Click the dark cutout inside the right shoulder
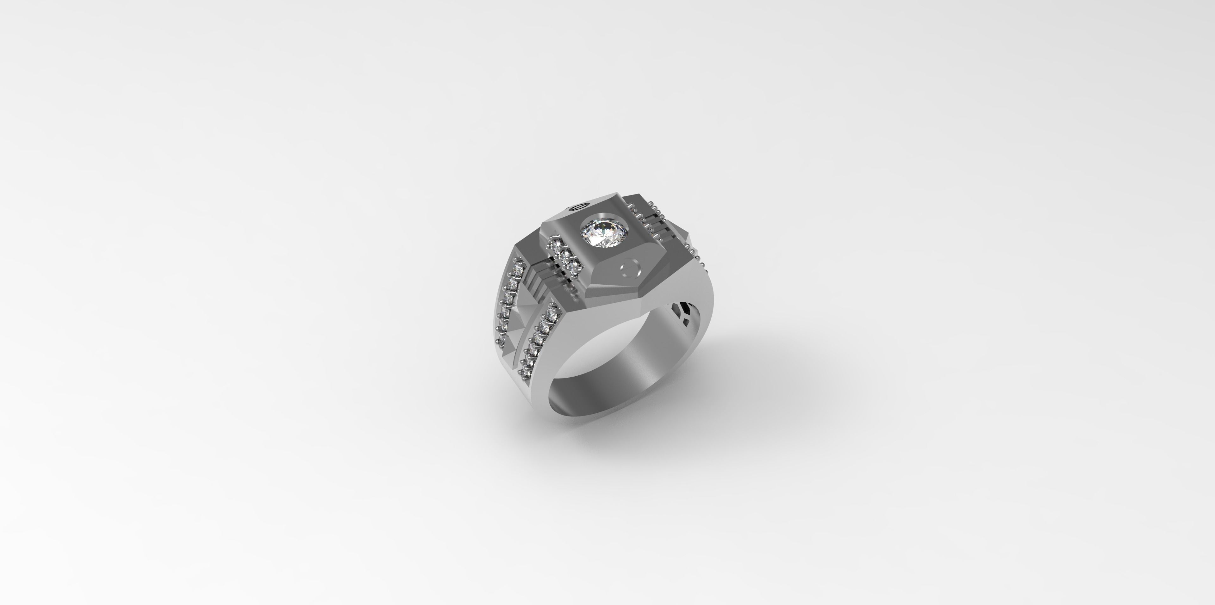coord(680,310)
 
